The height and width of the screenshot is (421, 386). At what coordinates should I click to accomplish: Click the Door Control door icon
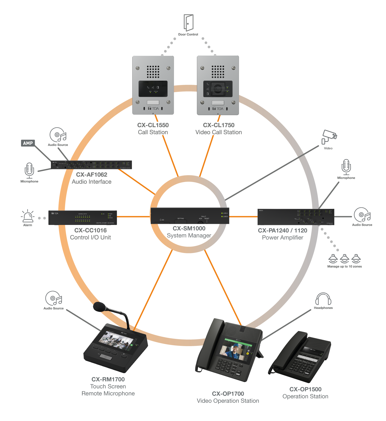pos(188,23)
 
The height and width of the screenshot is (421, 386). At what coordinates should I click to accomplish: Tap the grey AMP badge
pos(28,143)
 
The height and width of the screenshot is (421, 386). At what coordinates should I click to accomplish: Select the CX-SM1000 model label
pos(189,228)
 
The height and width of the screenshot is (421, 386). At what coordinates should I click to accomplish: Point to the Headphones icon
pos(323,299)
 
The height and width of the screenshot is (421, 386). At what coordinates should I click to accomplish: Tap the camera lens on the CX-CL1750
pos(218,89)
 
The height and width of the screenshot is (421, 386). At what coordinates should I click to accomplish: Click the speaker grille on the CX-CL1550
pos(153,72)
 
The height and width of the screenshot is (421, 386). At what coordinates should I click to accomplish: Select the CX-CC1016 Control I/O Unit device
pos(83,218)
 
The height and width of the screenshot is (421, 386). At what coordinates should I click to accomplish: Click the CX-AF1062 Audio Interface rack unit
pos(91,165)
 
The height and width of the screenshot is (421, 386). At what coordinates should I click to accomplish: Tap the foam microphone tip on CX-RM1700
pos(99,307)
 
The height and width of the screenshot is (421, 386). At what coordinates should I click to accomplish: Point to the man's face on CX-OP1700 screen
pos(235,348)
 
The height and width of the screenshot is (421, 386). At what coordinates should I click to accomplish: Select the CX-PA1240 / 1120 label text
pos(282,230)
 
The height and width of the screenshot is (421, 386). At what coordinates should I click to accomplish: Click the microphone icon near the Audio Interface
pos(29,170)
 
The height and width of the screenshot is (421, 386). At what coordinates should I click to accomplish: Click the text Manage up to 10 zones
pos(344,267)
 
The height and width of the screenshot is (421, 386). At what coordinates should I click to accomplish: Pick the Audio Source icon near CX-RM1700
pos(54,298)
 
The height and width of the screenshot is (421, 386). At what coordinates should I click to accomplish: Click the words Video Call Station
pos(218,132)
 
